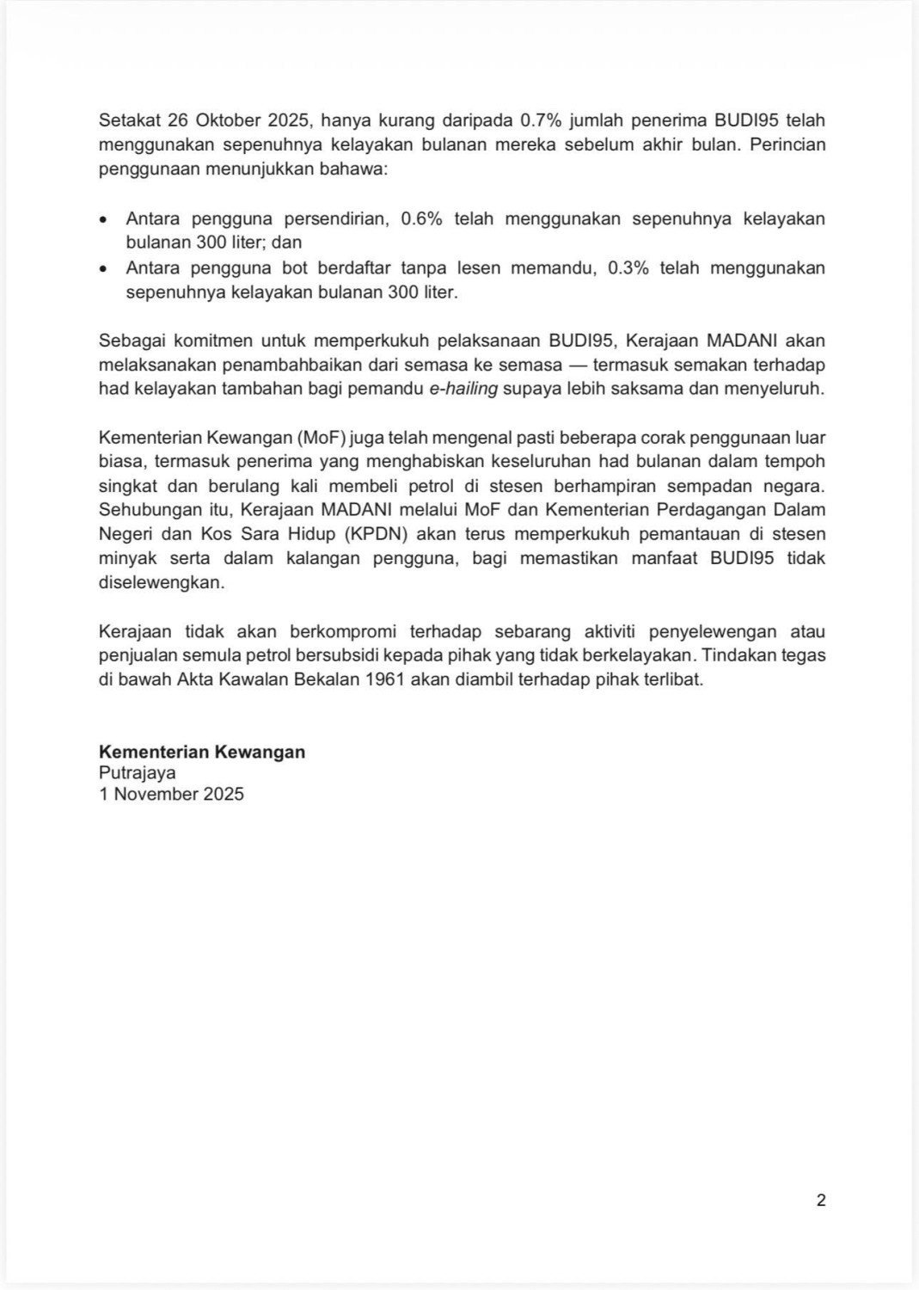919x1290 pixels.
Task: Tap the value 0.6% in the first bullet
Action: point(421,218)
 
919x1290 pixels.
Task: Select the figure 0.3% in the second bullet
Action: point(628,267)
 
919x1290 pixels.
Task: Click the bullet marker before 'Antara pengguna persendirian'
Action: point(104,219)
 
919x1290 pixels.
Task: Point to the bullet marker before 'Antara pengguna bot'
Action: point(104,268)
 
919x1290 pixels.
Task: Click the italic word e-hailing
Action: point(463,389)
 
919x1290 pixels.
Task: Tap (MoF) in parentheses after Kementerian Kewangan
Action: point(322,438)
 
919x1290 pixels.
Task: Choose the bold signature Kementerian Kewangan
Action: point(202,752)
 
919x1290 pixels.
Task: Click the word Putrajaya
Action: point(138,773)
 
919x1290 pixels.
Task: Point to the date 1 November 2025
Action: point(171,794)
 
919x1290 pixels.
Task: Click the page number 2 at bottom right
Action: point(821,1201)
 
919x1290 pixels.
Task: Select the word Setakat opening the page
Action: point(129,120)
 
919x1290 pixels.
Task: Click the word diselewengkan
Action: point(161,582)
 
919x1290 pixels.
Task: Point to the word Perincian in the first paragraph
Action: point(787,144)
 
